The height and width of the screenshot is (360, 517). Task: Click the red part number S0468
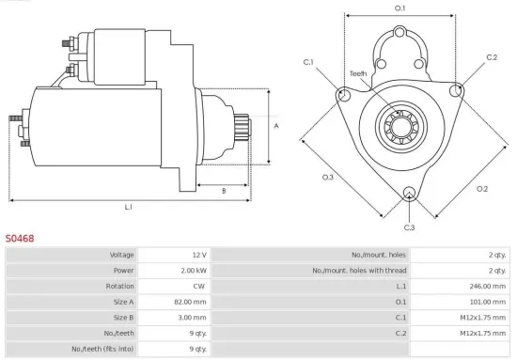20,239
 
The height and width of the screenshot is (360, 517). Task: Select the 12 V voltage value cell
175,255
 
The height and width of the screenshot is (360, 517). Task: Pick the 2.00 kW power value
175,271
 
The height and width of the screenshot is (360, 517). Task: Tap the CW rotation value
175,286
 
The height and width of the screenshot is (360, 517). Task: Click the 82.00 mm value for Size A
175,302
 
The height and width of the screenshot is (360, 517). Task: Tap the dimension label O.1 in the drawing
399,8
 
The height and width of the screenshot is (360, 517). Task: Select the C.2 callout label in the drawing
492,57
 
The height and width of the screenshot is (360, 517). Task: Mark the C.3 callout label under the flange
409,227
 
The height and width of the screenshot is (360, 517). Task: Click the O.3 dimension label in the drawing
328,177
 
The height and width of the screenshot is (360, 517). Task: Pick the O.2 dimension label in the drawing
482,189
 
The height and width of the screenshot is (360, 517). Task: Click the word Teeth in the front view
358,73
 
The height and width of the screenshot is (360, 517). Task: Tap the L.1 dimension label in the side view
128,206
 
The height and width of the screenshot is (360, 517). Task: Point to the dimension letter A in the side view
275,124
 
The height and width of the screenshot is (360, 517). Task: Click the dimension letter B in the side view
223,191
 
